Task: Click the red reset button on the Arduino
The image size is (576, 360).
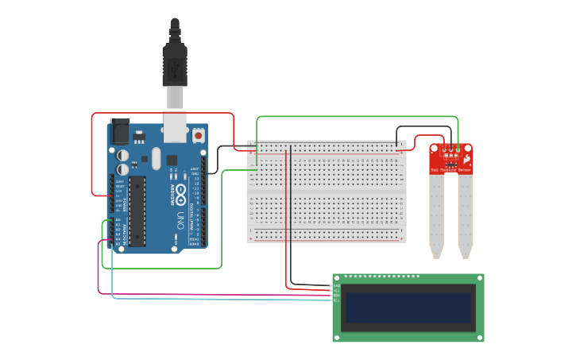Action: [x=197, y=136]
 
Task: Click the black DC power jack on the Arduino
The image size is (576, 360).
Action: [x=119, y=131]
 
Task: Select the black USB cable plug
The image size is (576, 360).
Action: [x=175, y=64]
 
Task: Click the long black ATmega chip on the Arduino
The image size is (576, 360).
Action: [x=137, y=211]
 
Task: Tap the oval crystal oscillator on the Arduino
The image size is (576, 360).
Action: [x=157, y=157]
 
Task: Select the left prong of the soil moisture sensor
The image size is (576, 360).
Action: [x=436, y=215]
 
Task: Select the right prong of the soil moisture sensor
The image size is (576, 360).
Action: [x=465, y=215]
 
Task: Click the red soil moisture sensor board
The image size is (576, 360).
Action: [x=450, y=159]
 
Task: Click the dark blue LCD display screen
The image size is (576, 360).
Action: [x=408, y=307]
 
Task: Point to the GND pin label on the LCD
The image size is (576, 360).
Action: [x=336, y=286]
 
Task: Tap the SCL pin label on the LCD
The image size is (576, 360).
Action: [x=336, y=300]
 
